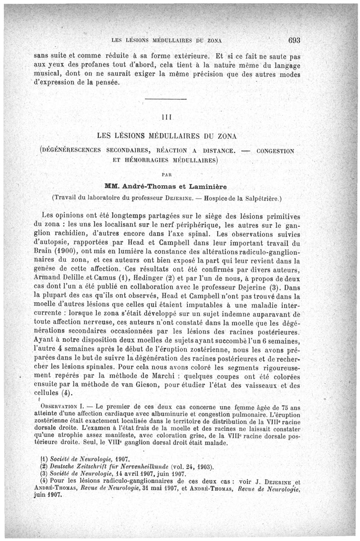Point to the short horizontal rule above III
tap(166, 99)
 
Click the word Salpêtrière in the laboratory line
tap(262, 197)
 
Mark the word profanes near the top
tap(87, 66)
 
